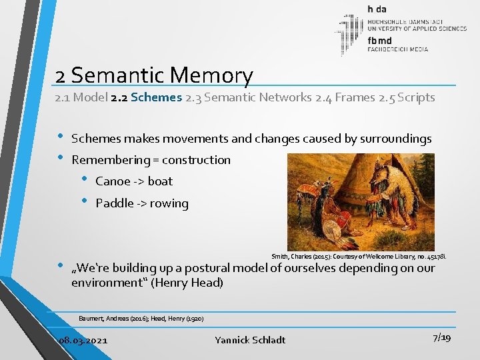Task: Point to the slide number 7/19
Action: click(441, 338)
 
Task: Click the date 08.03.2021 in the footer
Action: click(83, 340)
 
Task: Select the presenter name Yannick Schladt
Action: click(250, 340)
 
